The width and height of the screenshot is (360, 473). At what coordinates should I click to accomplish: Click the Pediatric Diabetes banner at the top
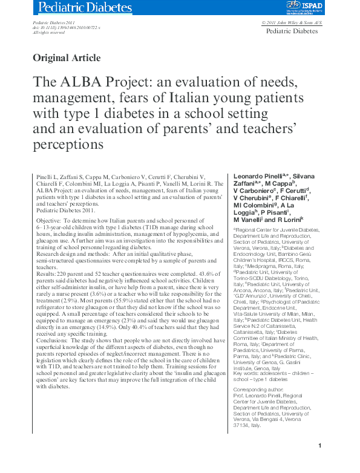[85, 8]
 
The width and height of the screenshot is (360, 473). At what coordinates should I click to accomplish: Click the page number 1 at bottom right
[319, 462]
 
